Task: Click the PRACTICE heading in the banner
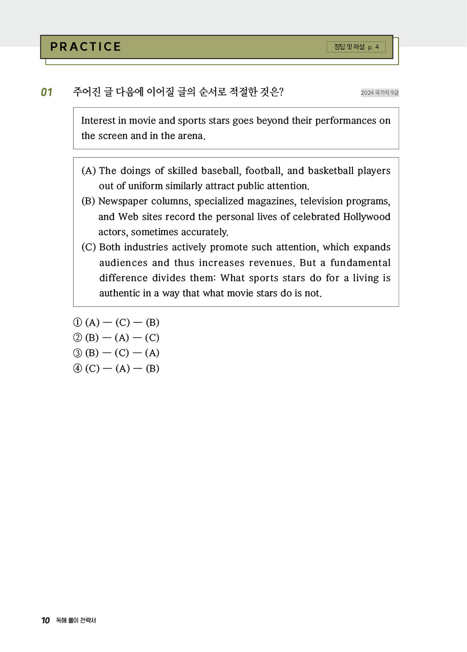pyautogui.click(x=86, y=47)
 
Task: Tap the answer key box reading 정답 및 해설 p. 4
pyautogui.click(x=356, y=47)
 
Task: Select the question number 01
pyautogui.click(x=47, y=92)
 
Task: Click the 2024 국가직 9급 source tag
pyautogui.click(x=380, y=93)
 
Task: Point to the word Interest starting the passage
pyautogui.click(x=98, y=121)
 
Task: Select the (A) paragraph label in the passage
pyautogui.click(x=89, y=170)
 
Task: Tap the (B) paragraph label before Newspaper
pyautogui.click(x=88, y=201)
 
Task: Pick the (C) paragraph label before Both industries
pyautogui.click(x=89, y=247)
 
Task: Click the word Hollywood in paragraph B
pyautogui.click(x=367, y=217)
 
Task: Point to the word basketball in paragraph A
pyautogui.click(x=331, y=170)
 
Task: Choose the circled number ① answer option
pyautogui.click(x=78, y=322)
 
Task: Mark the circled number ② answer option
pyautogui.click(x=78, y=338)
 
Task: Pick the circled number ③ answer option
pyautogui.click(x=78, y=353)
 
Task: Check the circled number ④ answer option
pyautogui.click(x=78, y=368)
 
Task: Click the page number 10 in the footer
pyautogui.click(x=46, y=620)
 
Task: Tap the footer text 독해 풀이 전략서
pyautogui.click(x=76, y=620)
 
